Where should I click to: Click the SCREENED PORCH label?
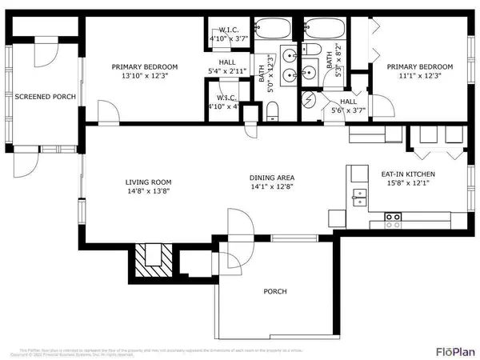click(45, 97)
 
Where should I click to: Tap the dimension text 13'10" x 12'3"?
click(144, 77)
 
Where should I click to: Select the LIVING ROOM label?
click(144, 181)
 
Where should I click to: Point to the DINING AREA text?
click(272, 178)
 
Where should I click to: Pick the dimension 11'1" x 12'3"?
click(419, 77)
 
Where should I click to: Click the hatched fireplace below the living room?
click(146, 259)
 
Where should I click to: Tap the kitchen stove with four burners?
click(393, 216)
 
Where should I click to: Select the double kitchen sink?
click(358, 192)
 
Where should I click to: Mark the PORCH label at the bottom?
click(274, 291)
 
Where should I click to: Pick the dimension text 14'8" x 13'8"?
click(144, 191)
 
